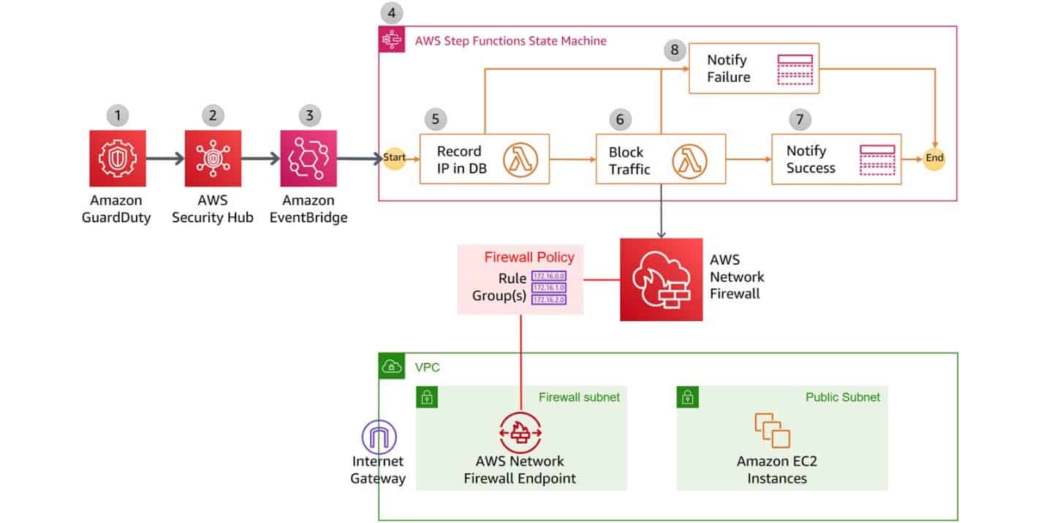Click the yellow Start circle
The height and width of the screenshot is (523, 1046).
(x=394, y=158)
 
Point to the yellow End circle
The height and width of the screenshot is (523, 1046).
(x=933, y=158)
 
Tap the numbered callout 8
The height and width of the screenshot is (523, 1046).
(x=674, y=50)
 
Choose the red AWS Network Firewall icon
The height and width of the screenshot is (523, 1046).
(x=661, y=279)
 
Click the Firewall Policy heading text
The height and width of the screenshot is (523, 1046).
(x=529, y=257)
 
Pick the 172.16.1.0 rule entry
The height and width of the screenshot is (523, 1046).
(x=549, y=288)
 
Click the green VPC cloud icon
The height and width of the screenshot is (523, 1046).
(x=391, y=366)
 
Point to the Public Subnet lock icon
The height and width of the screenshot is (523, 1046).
(x=688, y=397)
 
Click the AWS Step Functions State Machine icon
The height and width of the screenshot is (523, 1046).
(x=392, y=39)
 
